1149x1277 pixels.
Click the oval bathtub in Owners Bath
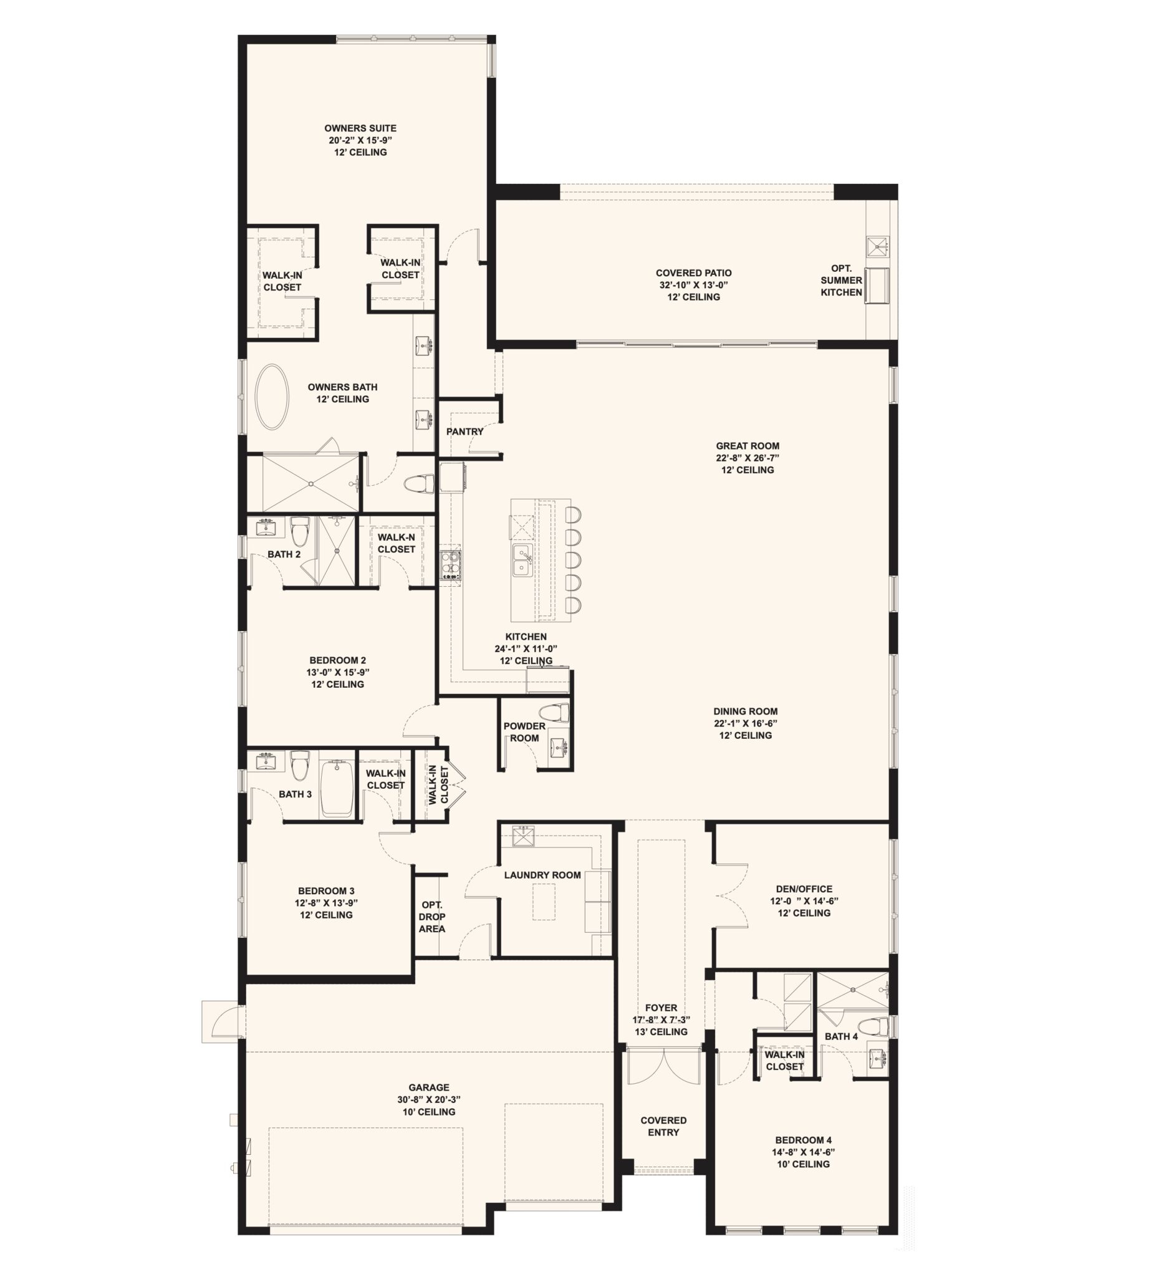pos(272,397)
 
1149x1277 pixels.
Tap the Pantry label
pos(464,431)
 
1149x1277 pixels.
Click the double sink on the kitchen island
pos(522,560)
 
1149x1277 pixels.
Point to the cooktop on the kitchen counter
pos(450,564)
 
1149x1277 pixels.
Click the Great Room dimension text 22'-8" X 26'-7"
pos(748,458)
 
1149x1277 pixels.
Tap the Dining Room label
pos(746,711)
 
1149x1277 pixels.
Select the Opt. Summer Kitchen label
pos(841,281)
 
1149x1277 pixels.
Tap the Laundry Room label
pos(542,875)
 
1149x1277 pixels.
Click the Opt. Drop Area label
pos(432,917)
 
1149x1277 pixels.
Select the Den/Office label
pos(804,889)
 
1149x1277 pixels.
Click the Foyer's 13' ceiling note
pos(661,1031)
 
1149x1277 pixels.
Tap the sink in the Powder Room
pos(558,748)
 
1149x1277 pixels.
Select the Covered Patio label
pos(693,273)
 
